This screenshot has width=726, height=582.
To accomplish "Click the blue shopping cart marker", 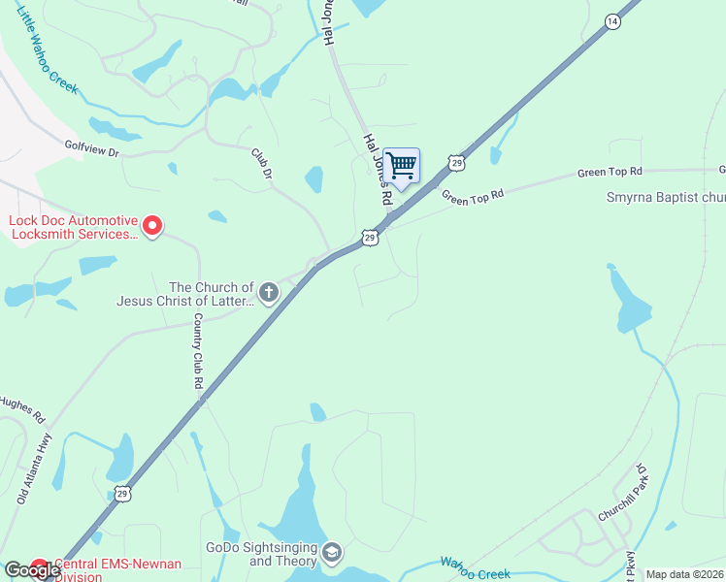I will (401, 166).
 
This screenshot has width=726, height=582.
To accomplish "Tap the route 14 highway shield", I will (611, 20).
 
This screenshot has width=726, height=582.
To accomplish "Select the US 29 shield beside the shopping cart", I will (455, 163).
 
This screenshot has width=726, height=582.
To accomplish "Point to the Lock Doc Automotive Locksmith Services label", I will (73, 227).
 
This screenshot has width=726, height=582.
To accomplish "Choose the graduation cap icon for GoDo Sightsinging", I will (331, 553).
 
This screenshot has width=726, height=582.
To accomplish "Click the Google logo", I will (32, 570).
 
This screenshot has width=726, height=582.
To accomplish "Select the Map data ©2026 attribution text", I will (685, 574).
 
